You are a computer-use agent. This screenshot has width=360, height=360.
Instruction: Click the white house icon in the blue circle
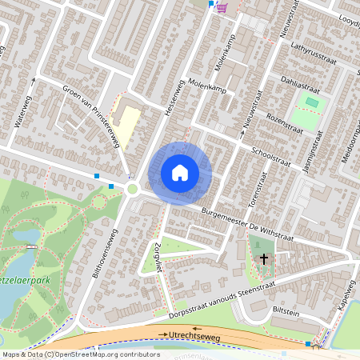[180, 173]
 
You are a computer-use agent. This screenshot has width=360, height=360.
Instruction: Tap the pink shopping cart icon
[222, 7]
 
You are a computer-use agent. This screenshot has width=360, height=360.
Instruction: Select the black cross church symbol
[265, 258]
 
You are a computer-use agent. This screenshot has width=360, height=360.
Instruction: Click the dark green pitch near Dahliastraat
[311, 102]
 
